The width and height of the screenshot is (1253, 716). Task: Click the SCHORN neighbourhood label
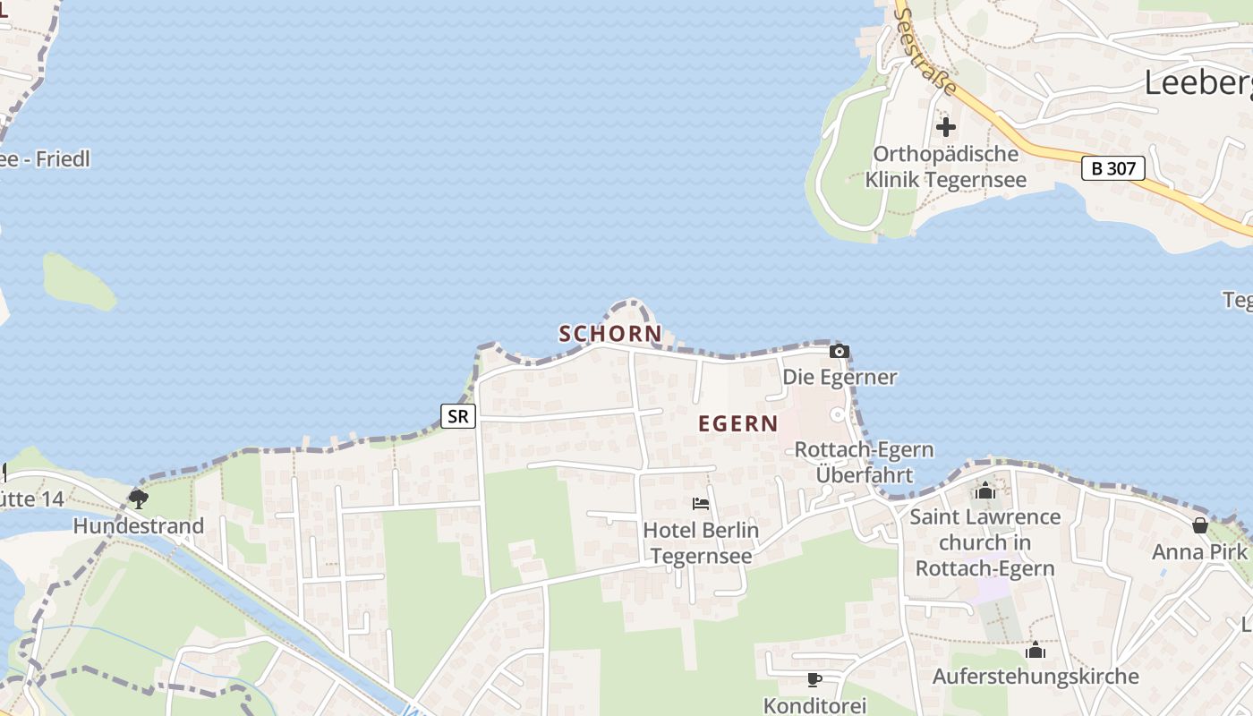[x=610, y=334]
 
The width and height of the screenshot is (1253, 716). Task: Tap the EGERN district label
[x=738, y=423]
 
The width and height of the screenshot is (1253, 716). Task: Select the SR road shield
[x=457, y=415]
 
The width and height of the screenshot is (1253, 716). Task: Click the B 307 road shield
[x=1113, y=168]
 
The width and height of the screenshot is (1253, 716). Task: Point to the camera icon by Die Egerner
[x=840, y=351]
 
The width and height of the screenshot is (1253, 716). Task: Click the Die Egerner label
[x=840, y=377]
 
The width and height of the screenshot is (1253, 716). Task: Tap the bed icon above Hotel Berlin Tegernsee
[x=701, y=504]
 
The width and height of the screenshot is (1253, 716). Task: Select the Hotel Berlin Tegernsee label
[x=701, y=542]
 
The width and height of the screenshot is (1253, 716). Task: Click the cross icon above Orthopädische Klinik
[x=946, y=127]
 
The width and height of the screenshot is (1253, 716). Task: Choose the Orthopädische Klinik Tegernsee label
[x=946, y=166]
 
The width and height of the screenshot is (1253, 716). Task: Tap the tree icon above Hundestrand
[x=138, y=499]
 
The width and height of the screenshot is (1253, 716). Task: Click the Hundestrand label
[x=138, y=525]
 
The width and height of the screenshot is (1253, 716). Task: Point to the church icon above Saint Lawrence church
[x=985, y=490]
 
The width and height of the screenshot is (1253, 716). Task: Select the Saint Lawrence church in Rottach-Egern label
[x=985, y=542]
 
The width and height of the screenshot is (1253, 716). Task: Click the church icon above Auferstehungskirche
[x=1036, y=650]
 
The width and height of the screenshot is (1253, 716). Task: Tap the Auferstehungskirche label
[x=1036, y=676]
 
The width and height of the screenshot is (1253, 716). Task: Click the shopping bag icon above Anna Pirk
[x=1199, y=524]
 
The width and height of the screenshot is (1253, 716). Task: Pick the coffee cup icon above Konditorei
[x=814, y=679]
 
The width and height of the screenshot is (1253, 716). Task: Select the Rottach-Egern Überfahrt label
[x=865, y=462]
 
